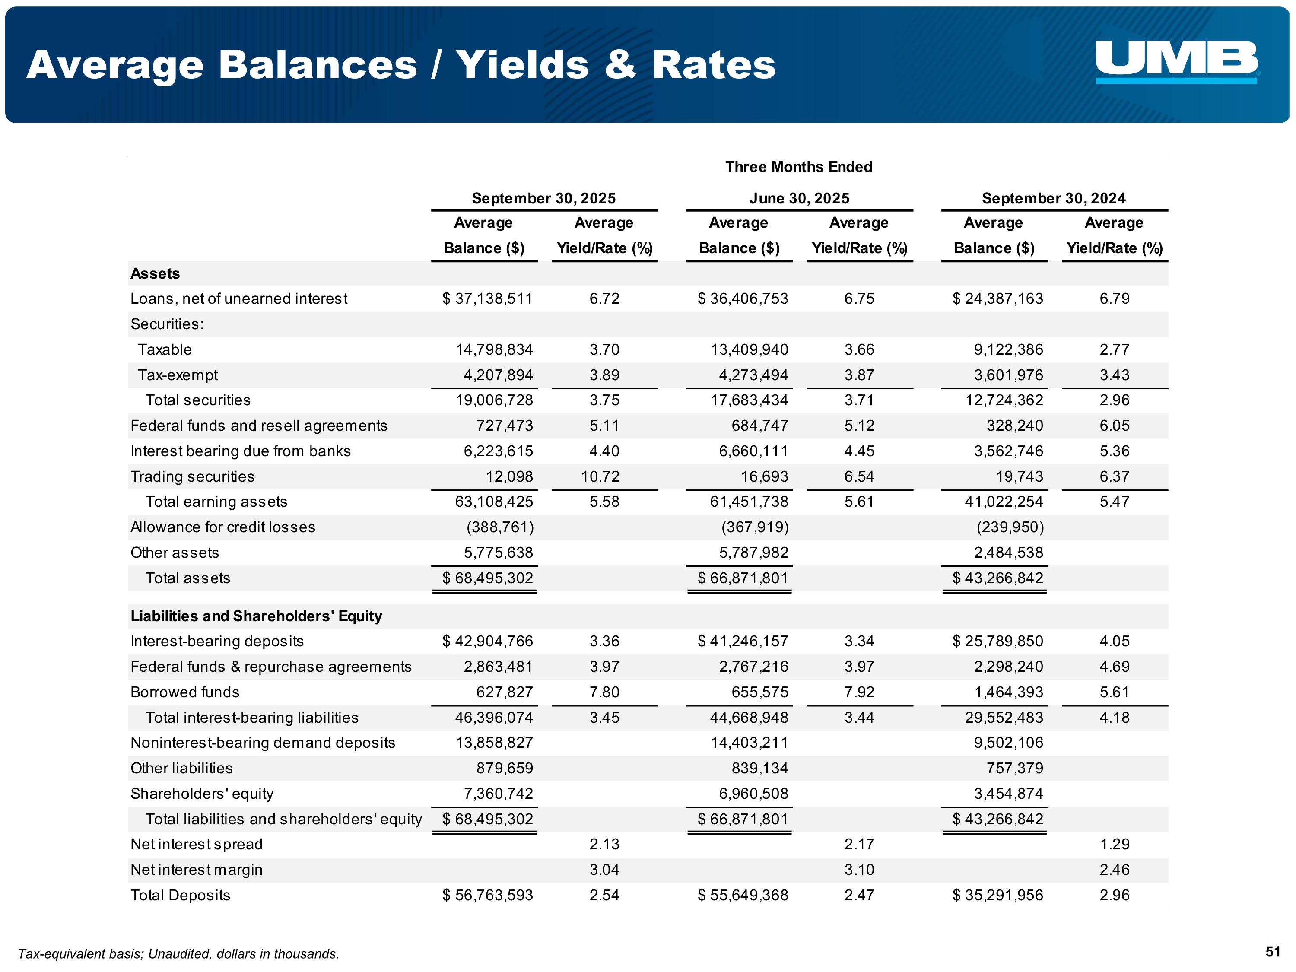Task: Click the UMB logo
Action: pos(1176,61)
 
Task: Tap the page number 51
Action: pos(1273,952)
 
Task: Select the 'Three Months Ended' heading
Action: pos(799,167)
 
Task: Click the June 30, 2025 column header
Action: pos(799,199)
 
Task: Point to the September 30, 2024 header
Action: pos(1054,199)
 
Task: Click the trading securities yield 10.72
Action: pos(600,476)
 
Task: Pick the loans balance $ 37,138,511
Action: pos(487,299)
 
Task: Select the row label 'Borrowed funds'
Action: pos(185,692)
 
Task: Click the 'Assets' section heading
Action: pos(155,273)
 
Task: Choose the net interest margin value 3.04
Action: pos(604,870)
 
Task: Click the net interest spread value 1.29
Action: pos(1114,844)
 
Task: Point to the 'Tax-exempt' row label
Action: pos(178,375)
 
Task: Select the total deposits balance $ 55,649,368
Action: pos(743,895)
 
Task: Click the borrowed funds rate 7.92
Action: pos(859,692)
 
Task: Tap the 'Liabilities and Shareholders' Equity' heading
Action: pos(256,616)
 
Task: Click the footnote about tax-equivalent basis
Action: pos(179,954)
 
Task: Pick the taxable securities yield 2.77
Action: pos(1114,350)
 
